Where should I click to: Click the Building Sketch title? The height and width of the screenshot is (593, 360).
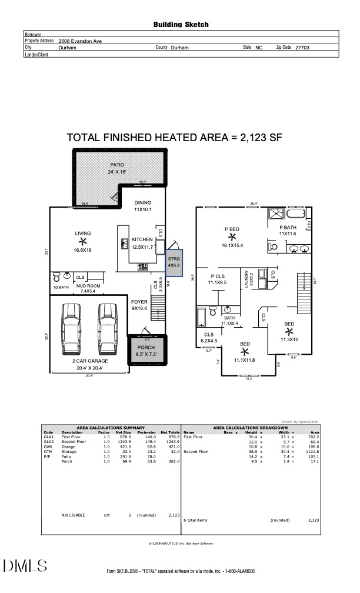(181, 25)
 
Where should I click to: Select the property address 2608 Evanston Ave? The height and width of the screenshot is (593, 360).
(80, 42)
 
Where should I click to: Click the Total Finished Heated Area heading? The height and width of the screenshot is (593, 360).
(175, 138)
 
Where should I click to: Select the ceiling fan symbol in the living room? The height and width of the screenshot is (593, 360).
(82, 241)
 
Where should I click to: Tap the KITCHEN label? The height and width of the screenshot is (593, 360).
(142, 239)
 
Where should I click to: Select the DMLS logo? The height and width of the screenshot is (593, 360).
(25, 566)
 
